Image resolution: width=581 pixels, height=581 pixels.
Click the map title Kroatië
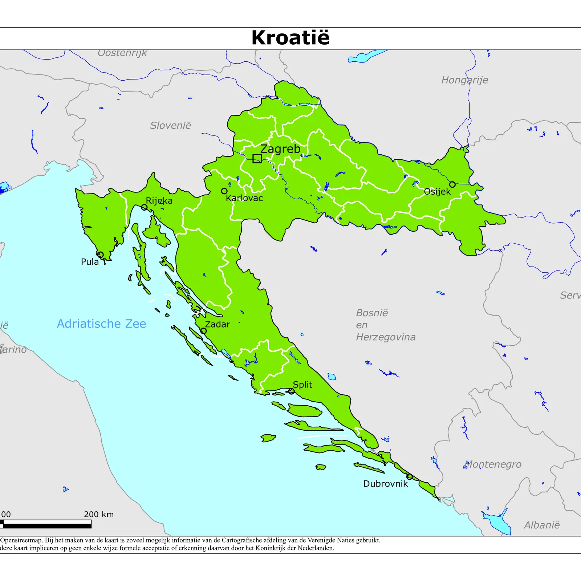[290, 38]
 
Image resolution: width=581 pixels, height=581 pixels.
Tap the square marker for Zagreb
[257, 158]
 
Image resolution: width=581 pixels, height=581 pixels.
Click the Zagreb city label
[280, 149]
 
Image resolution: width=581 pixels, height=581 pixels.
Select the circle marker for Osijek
[452, 184]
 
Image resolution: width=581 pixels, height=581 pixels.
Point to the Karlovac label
[244, 198]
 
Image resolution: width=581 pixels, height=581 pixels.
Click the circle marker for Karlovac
[224, 191]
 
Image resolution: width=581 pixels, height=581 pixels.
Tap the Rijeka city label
[159, 201]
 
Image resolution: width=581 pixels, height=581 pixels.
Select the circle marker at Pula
[100, 255]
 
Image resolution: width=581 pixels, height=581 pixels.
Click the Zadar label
[218, 324]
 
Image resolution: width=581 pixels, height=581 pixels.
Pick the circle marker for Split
[291, 391]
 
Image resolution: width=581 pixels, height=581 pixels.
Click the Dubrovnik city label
[386, 484]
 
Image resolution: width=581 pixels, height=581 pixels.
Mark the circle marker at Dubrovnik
[409, 476]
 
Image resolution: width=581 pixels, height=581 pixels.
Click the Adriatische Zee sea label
[101, 324]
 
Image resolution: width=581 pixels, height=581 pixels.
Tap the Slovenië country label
[170, 126]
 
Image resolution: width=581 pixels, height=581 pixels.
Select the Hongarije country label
[464, 80]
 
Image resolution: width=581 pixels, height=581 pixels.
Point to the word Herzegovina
[386, 337]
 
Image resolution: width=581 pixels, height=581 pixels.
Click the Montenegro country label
[493, 464]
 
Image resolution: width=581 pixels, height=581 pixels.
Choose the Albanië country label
[541, 525]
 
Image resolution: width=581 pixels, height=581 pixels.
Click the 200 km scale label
[99, 514]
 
